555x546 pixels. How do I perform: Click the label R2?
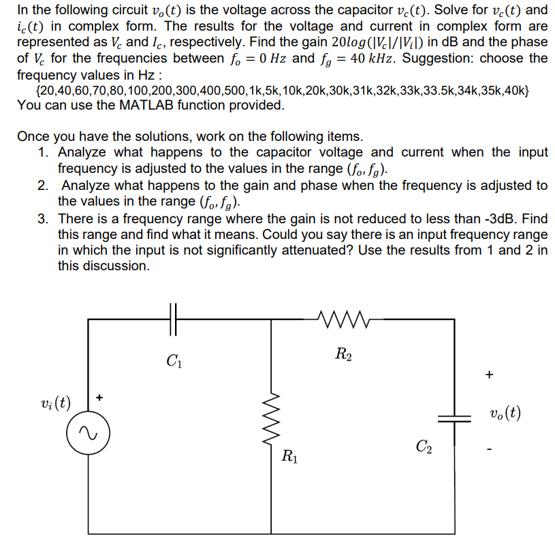coord(343,353)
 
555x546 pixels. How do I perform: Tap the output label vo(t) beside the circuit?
coord(505,413)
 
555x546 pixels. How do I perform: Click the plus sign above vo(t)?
coord(488,374)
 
